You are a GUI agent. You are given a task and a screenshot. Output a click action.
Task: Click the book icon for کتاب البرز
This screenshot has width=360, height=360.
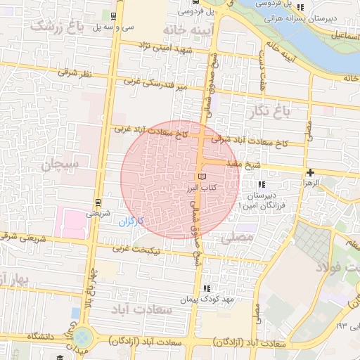[202, 176]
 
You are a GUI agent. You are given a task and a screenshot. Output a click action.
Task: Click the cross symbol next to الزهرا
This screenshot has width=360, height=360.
[310, 172]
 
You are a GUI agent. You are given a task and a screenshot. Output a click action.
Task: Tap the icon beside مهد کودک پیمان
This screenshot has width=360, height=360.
[206, 288]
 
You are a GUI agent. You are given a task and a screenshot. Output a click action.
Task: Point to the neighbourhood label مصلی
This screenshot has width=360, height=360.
[236, 238]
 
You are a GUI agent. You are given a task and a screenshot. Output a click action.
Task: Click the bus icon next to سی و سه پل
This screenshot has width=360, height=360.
[115, 15]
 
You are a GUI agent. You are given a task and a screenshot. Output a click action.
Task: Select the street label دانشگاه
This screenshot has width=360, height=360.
[42, 337]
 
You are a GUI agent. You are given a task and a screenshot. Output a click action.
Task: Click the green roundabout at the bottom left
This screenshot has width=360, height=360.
[83, 337]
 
